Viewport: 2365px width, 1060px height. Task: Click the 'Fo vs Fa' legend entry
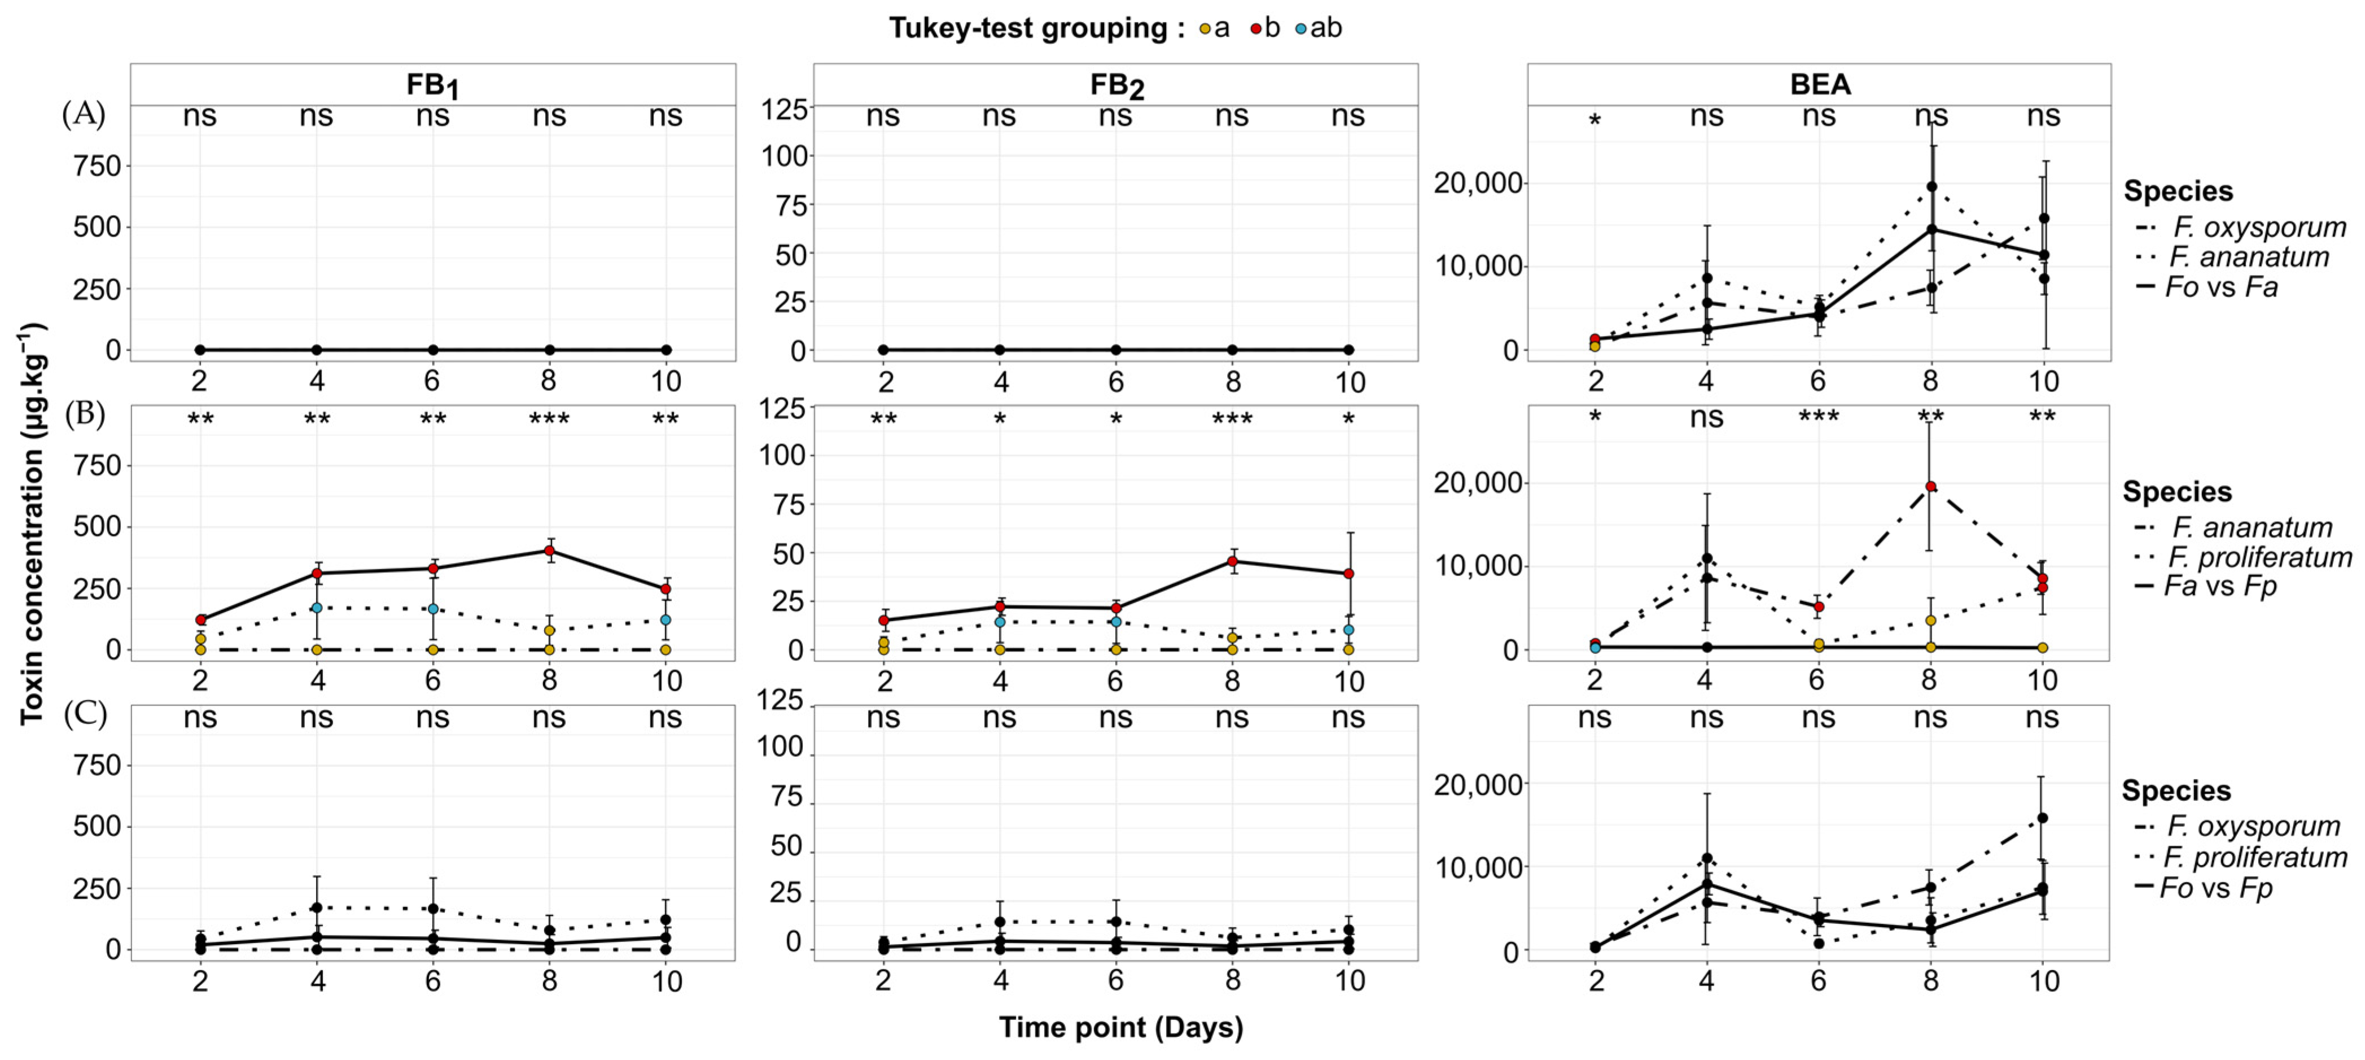tap(2220, 287)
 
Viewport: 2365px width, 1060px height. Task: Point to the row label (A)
tap(84, 114)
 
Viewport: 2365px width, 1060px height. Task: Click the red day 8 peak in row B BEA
tap(1930, 487)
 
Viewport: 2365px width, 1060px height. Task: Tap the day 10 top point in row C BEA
tap(2043, 818)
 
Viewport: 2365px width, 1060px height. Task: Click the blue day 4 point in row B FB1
tap(317, 608)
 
